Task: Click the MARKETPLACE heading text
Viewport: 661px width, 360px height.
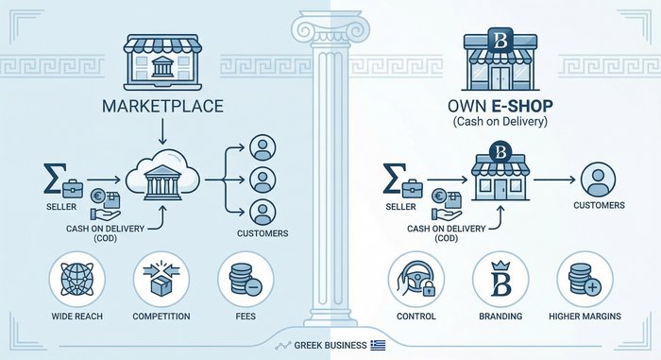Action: (x=162, y=105)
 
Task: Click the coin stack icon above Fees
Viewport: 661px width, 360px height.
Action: (x=246, y=281)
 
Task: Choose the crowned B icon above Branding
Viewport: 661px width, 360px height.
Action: (x=500, y=281)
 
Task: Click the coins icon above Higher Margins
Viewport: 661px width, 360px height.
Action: (x=585, y=281)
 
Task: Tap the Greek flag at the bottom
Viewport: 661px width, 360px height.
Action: (x=379, y=345)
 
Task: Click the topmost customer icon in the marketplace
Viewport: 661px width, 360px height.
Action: (x=263, y=148)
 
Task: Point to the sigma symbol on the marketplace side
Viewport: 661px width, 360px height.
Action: (x=53, y=176)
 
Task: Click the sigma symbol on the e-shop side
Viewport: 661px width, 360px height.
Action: (x=395, y=176)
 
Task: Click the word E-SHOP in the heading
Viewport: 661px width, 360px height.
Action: (x=518, y=105)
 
